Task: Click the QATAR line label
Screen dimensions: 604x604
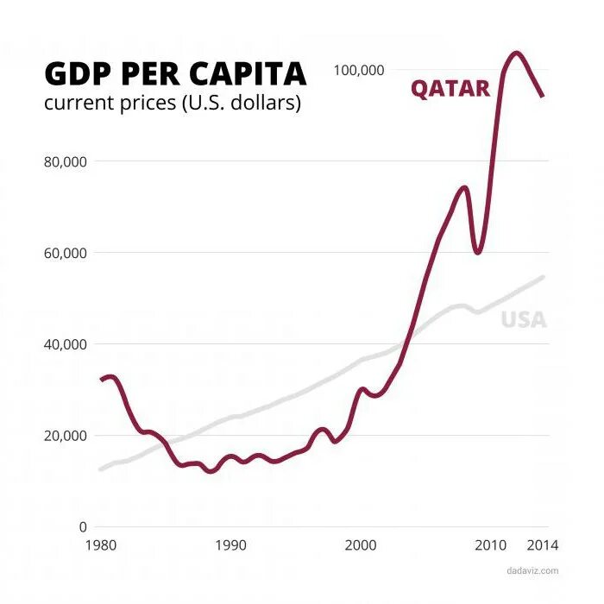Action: (x=450, y=88)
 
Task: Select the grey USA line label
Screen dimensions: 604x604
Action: (x=524, y=319)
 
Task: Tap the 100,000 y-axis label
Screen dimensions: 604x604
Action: (x=358, y=70)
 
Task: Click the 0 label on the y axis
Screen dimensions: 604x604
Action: (x=83, y=526)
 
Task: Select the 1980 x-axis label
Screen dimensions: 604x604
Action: (x=102, y=545)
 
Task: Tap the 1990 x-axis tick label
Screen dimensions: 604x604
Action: (x=231, y=545)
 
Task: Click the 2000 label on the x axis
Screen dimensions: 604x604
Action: (x=361, y=545)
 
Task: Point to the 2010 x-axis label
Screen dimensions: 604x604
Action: (x=491, y=545)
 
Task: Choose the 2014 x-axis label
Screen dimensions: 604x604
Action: (x=543, y=545)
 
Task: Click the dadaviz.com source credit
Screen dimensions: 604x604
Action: (x=532, y=570)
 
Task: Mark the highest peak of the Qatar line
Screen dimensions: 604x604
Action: (x=517, y=53)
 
